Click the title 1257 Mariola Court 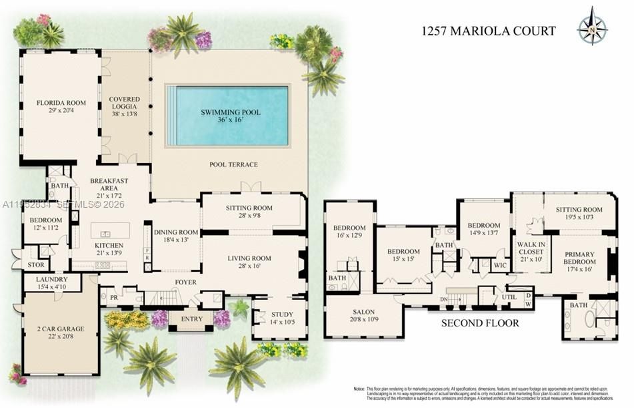[488, 31]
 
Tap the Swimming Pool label [231, 112]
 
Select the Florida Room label [61, 103]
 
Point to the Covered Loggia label [124, 103]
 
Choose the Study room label [283, 315]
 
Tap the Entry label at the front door [191, 319]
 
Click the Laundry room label [51, 279]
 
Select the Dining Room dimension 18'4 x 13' [177, 240]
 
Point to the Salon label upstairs [364, 311]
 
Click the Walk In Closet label [531, 248]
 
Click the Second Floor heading [480, 323]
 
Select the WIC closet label [501, 265]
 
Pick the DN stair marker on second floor [443, 299]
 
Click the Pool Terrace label [233, 165]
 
